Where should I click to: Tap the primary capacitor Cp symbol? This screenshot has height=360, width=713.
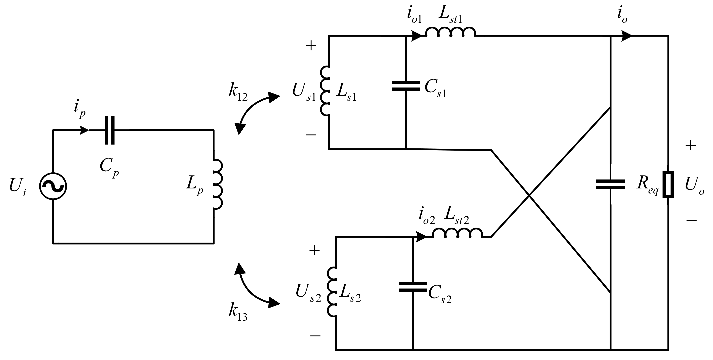point(110,130)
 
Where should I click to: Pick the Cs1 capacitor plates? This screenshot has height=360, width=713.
point(406,86)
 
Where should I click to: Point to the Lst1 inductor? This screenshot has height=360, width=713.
point(451,32)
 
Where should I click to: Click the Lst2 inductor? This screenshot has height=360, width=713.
point(458,233)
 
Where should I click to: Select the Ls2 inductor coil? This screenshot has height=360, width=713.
point(332,292)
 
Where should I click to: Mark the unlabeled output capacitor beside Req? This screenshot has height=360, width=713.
point(610,184)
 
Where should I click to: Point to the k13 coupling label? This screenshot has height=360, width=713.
point(238,312)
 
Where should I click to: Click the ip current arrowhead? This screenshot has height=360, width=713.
point(84,130)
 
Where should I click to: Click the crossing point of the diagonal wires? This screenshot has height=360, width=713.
point(529,196)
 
